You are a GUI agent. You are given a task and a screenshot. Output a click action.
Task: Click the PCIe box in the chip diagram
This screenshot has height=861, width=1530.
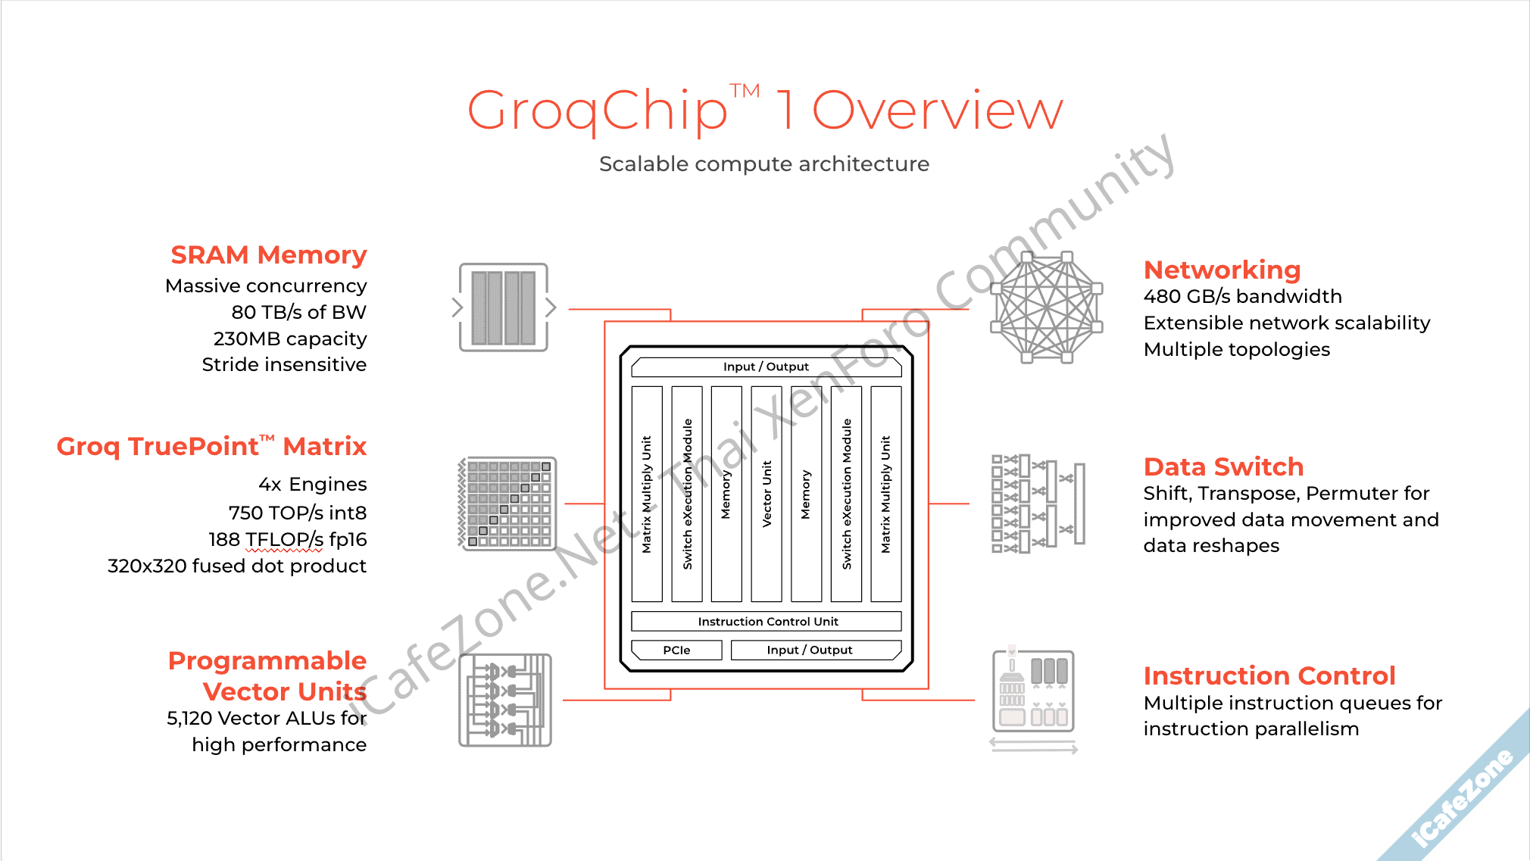coord(676,650)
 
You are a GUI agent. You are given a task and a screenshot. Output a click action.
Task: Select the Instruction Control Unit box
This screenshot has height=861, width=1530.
coord(767,621)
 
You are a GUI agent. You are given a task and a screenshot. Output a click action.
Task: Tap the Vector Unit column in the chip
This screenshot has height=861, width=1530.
coord(767,494)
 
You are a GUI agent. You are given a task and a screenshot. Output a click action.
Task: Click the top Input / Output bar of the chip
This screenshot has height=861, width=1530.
coord(767,367)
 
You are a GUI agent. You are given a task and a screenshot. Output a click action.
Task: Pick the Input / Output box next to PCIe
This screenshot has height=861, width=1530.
coord(816,650)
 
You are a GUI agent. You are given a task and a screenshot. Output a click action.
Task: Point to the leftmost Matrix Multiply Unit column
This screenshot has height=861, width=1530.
coord(647,494)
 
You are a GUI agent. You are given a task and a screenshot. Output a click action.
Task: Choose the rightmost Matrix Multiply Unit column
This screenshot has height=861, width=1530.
coord(886,494)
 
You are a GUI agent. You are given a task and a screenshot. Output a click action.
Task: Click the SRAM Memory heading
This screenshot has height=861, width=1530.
coord(269,255)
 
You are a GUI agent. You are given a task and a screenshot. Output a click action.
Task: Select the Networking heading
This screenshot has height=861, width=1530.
coord(1222,270)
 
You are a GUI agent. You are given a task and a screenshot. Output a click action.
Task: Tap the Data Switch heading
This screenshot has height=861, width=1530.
coord(1224,466)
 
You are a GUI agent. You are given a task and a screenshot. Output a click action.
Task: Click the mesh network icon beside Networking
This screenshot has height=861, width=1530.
coord(1047,307)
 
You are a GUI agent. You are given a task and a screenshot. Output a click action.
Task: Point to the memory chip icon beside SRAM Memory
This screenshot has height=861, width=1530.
coord(504,307)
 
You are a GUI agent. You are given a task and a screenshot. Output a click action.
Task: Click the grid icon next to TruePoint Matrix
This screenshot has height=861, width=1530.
coord(507,504)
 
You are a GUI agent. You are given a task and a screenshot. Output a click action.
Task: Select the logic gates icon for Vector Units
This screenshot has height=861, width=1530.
coord(505,700)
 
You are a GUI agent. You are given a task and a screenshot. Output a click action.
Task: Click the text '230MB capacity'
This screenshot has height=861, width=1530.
coord(290,338)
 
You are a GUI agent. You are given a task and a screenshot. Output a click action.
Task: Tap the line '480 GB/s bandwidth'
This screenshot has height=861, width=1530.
coord(1243,296)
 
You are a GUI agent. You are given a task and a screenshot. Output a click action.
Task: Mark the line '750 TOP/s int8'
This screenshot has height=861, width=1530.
coord(298,513)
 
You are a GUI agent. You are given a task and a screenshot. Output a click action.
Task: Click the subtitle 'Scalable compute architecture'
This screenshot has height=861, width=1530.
coord(764,164)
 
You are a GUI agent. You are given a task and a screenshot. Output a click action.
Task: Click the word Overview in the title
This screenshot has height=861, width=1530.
coord(938,111)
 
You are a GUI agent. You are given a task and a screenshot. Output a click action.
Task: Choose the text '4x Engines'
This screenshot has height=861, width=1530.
coord(313,484)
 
